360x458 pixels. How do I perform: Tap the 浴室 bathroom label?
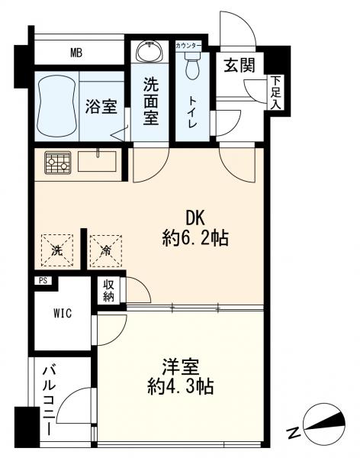point(101,107)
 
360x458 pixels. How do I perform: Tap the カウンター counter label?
point(188,46)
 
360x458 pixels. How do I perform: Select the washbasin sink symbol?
point(148,53)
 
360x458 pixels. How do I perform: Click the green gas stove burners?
point(56,163)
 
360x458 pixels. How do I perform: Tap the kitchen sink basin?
point(98,163)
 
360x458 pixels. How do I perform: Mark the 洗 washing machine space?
point(57,248)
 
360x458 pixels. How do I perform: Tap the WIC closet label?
point(63,314)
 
